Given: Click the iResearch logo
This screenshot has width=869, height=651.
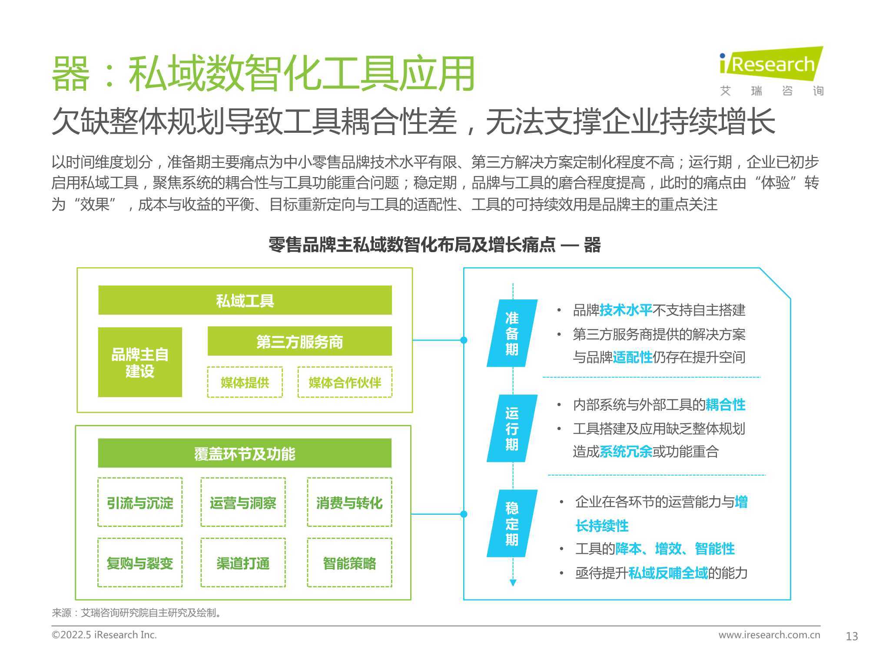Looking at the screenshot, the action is click(771, 72).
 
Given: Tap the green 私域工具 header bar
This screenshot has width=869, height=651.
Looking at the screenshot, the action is click(245, 300).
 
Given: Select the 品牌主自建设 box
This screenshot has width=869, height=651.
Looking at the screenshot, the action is click(140, 362).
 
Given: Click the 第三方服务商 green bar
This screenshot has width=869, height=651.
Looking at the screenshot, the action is click(300, 341).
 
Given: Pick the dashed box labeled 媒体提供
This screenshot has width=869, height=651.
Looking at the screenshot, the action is click(245, 382).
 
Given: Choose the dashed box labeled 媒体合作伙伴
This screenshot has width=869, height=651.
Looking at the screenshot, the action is click(345, 382).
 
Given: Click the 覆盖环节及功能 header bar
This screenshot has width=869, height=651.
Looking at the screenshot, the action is click(245, 453).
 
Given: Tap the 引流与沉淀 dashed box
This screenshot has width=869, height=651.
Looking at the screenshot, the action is click(140, 503).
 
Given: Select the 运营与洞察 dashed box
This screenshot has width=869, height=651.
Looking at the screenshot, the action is click(243, 503).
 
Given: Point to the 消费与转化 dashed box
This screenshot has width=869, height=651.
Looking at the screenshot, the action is click(349, 503).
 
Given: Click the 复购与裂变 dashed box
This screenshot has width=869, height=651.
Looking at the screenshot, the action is click(140, 563).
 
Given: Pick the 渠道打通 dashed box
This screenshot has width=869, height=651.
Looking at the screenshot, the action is click(243, 563).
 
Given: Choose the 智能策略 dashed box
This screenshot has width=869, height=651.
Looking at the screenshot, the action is click(349, 563).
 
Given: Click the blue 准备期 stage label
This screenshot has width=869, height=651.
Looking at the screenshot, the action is click(512, 333).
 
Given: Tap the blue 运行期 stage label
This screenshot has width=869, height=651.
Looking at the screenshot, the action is click(512, 428).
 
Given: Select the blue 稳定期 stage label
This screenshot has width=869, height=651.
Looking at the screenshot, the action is click(512, 523).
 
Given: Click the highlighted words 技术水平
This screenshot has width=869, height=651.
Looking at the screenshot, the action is click(626, 310).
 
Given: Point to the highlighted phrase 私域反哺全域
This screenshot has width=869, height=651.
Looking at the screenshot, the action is click(668, 573).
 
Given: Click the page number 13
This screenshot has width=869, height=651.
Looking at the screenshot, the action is click(852, 636).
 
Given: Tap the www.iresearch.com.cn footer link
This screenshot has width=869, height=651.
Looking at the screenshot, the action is click(769, 635).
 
